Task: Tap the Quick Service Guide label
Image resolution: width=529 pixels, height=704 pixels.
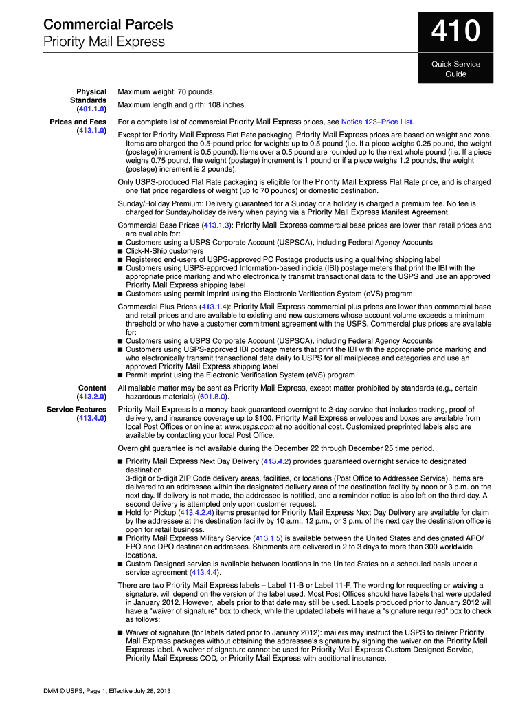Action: tap(455, 69)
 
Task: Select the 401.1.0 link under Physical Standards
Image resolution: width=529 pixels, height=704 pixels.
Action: tap(91, 109)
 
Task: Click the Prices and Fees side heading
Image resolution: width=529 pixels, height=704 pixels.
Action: tap(78, 122)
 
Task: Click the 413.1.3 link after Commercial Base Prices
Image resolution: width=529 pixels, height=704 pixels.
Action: tap(216, 225)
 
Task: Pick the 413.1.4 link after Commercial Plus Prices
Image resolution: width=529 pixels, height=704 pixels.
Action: tap(214, 307)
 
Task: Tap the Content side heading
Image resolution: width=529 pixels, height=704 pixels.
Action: tap(92, 388)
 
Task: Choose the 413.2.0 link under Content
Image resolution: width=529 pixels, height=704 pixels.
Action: tap(91, 397)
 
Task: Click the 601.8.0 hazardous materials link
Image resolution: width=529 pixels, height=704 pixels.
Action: tap(212, 397)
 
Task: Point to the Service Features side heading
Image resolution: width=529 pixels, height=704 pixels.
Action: tap(76, 410)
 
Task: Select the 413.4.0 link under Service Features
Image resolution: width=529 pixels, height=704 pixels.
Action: tap(91, 419)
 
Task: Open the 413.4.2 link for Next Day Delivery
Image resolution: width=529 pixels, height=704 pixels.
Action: tap(277, 462)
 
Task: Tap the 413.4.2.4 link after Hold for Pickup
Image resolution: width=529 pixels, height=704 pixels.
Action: tap(196, 513)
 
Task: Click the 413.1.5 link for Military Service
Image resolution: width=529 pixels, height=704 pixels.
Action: tap(267, 538)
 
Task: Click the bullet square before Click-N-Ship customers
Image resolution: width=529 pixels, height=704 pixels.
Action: tap(120, 252)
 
